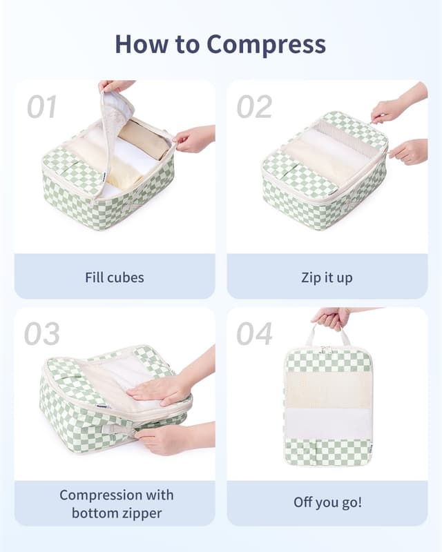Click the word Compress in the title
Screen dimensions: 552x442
(266, 45)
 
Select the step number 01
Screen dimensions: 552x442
(41, 107)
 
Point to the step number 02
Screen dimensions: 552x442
(254, 107)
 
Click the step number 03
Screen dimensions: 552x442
(41, 334)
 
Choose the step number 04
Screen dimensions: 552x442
(254, 334)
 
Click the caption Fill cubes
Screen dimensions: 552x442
(115, 277)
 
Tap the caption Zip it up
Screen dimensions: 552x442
(327, 277)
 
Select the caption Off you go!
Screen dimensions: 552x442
(327, 502)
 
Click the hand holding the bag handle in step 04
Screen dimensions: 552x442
(331, 317)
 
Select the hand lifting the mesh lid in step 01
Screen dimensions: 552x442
(117, 86)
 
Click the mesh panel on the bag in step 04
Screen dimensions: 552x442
(327, 390)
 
